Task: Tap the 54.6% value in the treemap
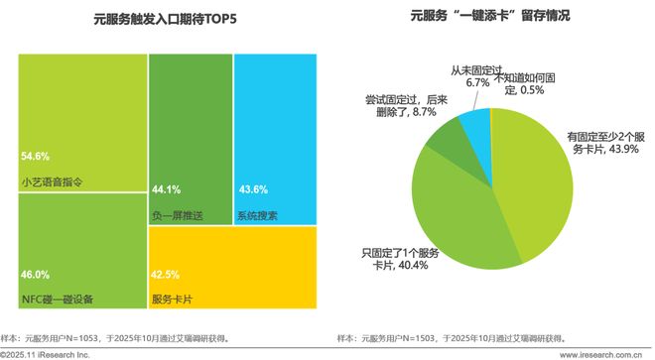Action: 35,157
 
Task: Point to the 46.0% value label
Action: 35,274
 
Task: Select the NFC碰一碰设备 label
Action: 57,298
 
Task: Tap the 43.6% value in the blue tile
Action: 253,189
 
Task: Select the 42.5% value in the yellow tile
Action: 165,274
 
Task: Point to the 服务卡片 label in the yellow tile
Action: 171,298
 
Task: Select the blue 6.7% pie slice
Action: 476,123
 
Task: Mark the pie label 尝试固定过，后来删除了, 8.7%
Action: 395,107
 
